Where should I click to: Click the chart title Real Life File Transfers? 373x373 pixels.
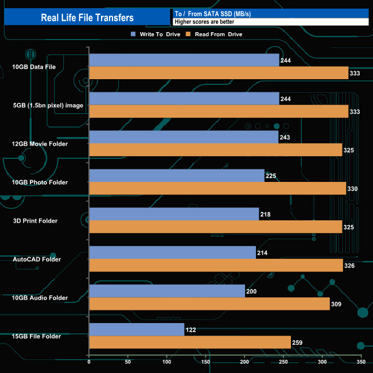click(x=87, y=18)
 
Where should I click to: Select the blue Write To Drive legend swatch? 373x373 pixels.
click(x=134, y=34)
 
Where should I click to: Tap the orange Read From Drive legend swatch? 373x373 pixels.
click(x=187, y=34)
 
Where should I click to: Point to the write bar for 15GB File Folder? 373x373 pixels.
click(x=137, y=329)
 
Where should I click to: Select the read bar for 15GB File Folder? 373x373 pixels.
click(x=190, y=342)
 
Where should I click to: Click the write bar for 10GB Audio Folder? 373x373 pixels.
click(x=167, y=291)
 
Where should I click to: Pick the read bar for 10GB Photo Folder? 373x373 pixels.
click(x=217, y=188)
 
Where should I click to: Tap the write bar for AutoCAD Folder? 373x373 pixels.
click(x=172, y=252)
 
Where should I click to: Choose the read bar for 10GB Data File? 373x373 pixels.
click(x=219, y=73)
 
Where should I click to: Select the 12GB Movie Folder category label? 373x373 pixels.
click(x=40, y=143)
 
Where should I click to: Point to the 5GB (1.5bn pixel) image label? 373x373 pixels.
click(x=40, y=105)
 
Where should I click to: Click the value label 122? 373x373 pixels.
click(x=192, y=330)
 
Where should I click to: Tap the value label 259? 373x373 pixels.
click(x=298, y=343)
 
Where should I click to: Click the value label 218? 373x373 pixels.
click(x=265, y=215)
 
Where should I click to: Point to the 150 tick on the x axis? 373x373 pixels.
click(x=206, y=363)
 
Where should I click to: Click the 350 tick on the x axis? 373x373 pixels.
click(x=361, y=363)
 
